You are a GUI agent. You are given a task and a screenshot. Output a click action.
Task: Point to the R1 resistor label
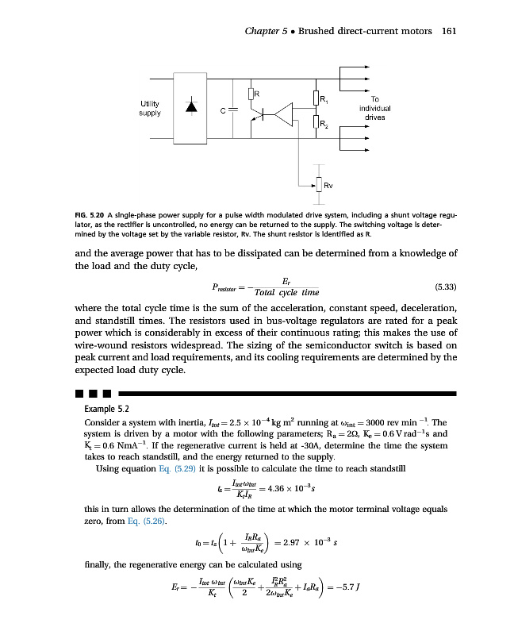[x=324, y=100]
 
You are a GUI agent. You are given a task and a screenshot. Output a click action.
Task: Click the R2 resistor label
[x=324, y=124]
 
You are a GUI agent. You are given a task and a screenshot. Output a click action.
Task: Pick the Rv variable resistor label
[x=328, y=186]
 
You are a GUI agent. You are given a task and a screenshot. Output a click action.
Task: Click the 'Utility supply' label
[x=150, y=108]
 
